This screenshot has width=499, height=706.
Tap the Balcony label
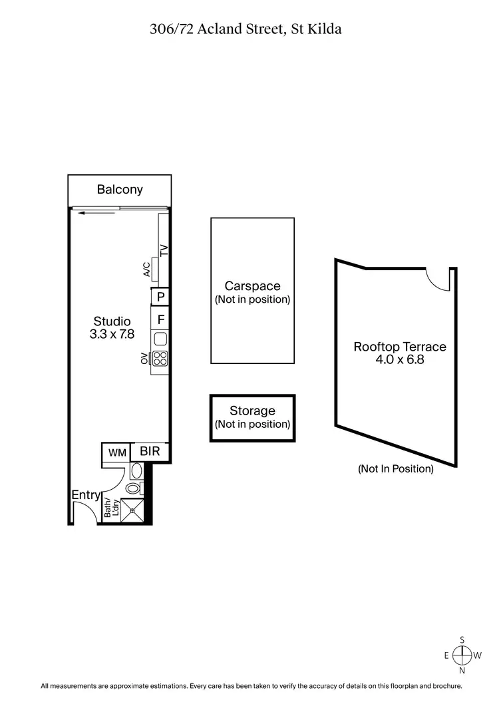pos(120,190)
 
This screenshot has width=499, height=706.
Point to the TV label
pos(164,251)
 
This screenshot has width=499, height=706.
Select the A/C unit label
pos(146,269)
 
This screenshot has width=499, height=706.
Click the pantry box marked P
pos(160,297)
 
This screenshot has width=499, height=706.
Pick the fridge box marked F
pos(160,319)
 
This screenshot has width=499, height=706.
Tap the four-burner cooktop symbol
pos(160,359)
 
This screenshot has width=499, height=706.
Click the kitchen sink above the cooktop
pos(160,339)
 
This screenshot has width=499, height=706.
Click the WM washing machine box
pos(117,453)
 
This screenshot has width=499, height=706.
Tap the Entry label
pos(86,495)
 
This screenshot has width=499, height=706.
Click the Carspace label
pos(252,286)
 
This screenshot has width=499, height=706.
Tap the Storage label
pos(252,411)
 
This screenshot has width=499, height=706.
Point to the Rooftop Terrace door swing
pos(438,279)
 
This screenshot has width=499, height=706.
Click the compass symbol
pos(462,655)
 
